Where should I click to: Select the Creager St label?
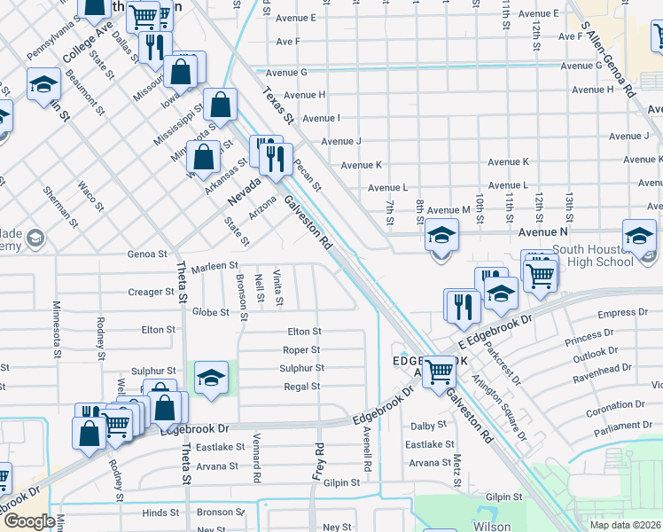coord(151,292)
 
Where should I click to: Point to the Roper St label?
coord(301,350)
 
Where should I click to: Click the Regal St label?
coord(301,387)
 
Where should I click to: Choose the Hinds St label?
coord(160,512)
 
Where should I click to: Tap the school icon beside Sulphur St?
coord(211,379)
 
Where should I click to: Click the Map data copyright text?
coord(625,525)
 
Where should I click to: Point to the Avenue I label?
coord(321,118)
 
